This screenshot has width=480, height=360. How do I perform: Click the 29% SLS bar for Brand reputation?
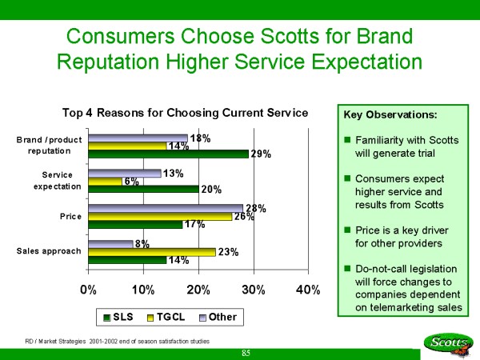click(168, 154)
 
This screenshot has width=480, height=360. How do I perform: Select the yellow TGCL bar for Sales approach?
click(152, 251)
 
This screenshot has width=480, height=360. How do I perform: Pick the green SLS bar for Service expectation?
click(143, 190)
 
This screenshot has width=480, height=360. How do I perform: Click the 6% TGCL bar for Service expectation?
click(105, 182)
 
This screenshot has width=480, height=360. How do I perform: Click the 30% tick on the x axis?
click(254, 290)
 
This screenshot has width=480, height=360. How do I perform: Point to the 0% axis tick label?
click(88, 290)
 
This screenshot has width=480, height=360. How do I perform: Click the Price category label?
click(70, 216)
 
